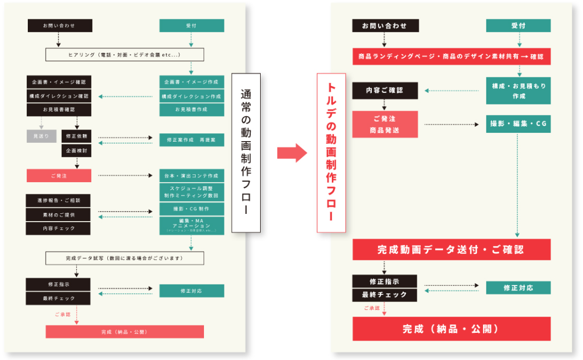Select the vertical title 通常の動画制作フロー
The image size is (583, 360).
(x=245, y=153)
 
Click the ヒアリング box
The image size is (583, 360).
(x=124, y=54)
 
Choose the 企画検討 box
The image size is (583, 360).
(x=76, y=151)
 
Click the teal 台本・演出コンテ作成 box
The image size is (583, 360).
(x=192, y=176)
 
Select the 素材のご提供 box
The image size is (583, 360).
(x=59, y=214)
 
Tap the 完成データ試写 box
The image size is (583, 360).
(x=124, y=258)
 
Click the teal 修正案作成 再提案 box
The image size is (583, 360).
(x=192, y=139)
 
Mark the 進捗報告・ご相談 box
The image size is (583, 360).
(x=59, y=200)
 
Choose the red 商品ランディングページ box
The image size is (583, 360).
(x=451, y=56)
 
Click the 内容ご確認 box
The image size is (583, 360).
(x=385, y=91)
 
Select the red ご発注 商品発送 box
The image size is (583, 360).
(x=385, y=124)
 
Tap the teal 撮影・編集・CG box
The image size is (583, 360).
(x=518, y=124)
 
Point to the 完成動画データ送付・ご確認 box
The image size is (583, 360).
(x=451, y=249)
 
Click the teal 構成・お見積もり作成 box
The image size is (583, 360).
(x=518, y=91)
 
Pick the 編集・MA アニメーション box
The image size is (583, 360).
(x=192, y=224)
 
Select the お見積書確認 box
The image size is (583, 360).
(x=59, y=109)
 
